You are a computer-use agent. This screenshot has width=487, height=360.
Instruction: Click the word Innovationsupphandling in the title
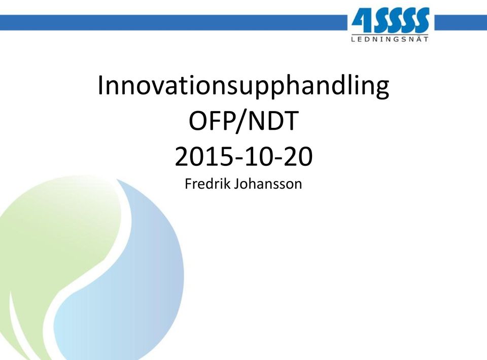pos(243,86)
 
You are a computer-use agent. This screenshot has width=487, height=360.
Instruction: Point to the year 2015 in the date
pos(203,157)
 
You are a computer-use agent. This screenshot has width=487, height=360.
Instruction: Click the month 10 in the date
pos(258,157)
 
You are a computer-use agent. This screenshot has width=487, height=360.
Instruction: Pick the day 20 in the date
pos(298,157)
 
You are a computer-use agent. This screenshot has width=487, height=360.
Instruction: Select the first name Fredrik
pos(207,184)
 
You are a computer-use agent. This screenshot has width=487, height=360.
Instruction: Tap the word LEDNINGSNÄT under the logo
pos(390,39)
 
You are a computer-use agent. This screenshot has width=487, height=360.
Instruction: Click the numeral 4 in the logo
pos(361,20)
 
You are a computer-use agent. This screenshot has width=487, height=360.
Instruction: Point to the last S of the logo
pos(421,20)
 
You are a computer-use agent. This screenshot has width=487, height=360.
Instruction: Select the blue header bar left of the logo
pos(173,23)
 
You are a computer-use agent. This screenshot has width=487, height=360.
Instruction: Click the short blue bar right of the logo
pos(461,23)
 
